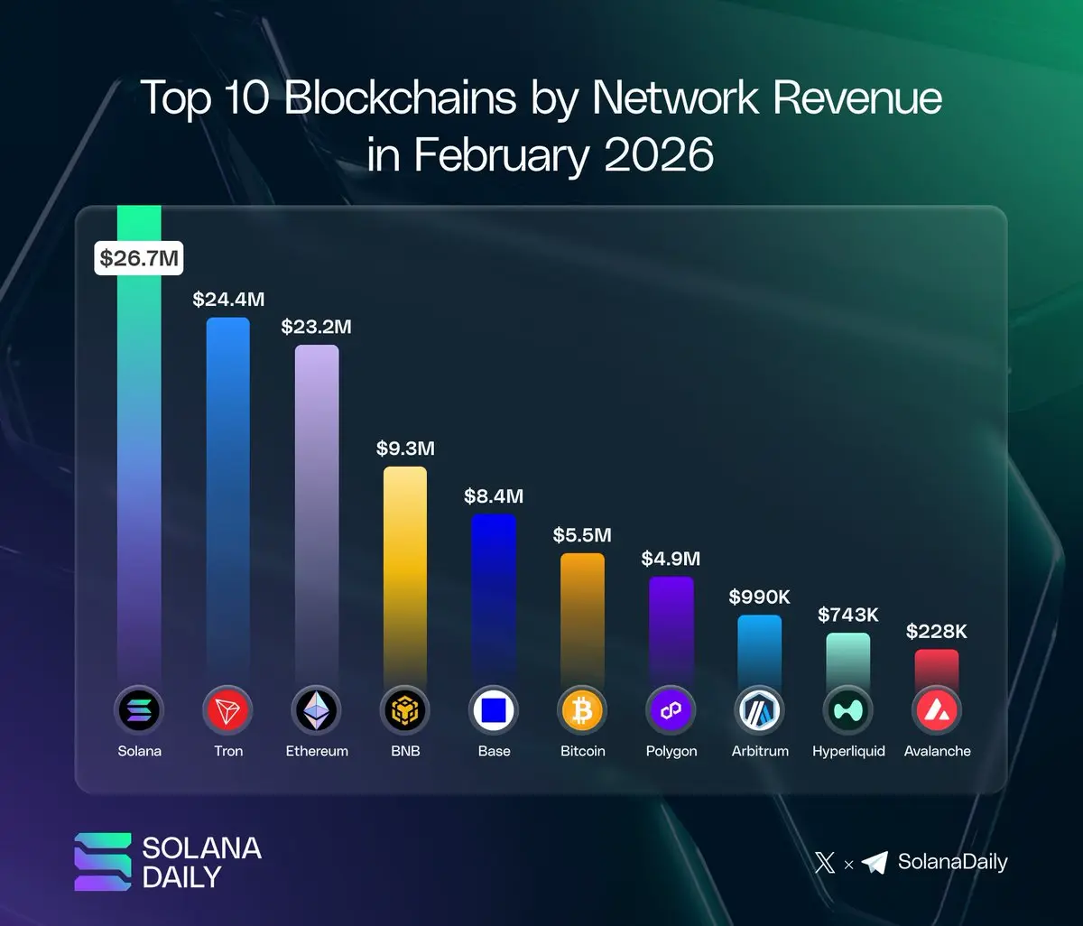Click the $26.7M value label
(139, 259)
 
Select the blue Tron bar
(227, 496)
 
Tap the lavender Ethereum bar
(317, 510)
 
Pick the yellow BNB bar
(405, 573)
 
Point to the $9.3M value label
(405, 449)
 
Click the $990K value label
(760, 597)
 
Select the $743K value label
(848, 615)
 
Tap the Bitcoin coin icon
(582, 711)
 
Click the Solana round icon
(139, 711)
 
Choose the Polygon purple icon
(671, 711)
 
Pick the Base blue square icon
(494, 711)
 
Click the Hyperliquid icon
(848, 711)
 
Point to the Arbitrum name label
(760, 751)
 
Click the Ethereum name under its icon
(317, 751)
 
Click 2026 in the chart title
(659, 155)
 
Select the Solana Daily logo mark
(103, 862)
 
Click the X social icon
(825, 863)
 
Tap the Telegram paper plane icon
(875, 863)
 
